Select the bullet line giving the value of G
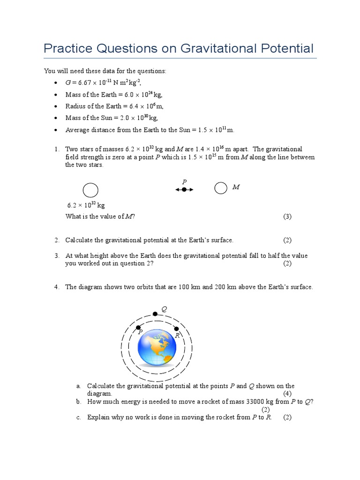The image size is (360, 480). click(x=103, y=82)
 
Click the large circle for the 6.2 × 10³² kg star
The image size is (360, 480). click(x=90, y=190)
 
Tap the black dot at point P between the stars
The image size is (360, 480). click(x=184, y=189)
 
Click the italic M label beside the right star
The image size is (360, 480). click(x=236, y=187)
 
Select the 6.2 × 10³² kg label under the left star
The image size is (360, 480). click(x=86, y=205)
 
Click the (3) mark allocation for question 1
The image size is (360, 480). click(x=287, y=216)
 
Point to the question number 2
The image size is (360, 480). click(x=56, y=240)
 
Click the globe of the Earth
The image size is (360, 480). click(x=157, y=347)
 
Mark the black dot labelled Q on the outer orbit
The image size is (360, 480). click(x=155, y=314)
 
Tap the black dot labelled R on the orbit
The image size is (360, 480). click(x=176, y=328)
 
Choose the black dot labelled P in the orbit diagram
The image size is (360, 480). click(x=138, y=327)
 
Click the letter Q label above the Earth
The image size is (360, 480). click(x=164, y=309)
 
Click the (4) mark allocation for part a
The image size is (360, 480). click(x=287, y=393)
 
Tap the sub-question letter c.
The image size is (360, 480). click(x=78, y=417)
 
